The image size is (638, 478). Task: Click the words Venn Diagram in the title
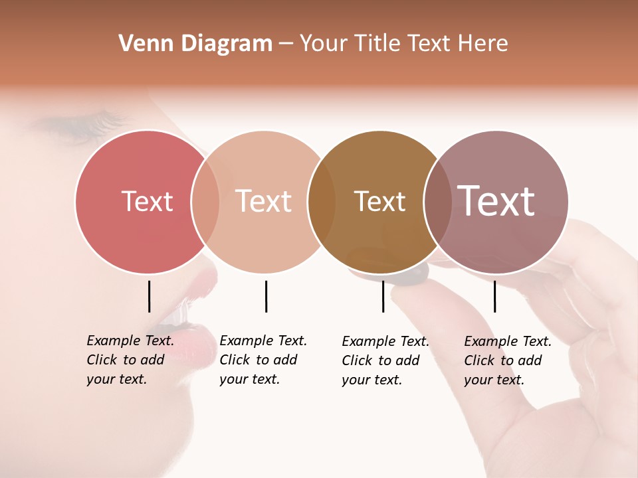point(195,44)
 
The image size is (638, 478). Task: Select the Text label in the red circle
point(147,201)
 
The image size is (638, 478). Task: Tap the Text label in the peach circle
point(263,201)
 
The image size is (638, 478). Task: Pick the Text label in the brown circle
point(379,201)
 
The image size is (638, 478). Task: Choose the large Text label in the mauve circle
point(496,200)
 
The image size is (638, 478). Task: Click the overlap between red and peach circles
point(205,202)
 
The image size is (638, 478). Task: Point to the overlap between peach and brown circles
point(322,202)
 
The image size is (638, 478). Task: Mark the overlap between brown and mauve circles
point(437,202)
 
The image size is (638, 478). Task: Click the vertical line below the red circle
point(149,296)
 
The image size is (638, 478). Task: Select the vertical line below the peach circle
point(266,296)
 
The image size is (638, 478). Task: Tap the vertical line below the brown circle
point(383,296)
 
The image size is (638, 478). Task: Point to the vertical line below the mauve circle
point(494,296)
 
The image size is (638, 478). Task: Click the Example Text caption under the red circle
point(130,360)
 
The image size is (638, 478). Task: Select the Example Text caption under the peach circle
point(263,360)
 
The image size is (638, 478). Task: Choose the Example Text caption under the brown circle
point(385,360)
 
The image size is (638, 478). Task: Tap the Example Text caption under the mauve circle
point(507,360)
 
